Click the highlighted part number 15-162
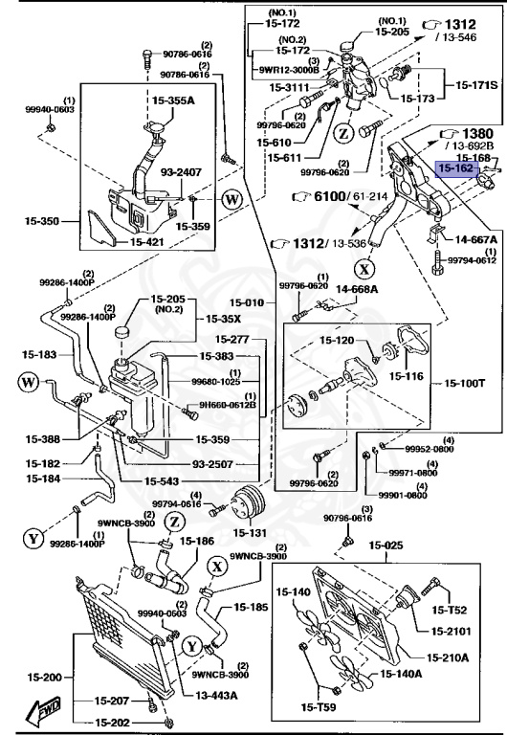tap(454, 168)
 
